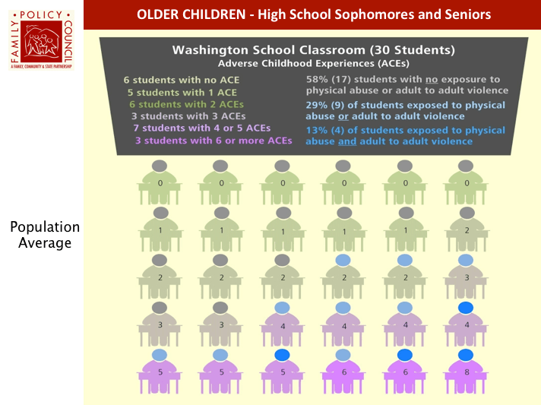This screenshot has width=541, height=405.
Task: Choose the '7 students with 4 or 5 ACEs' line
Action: pos(201,128)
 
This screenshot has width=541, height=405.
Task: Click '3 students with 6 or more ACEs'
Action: pos(214,141)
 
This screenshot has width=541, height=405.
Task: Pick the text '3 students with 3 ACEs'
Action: pos(188,116)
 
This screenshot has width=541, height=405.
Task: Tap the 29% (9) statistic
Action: pos(325,104)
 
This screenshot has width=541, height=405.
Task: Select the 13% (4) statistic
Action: pos(325,130)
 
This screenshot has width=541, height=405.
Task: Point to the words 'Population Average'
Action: pos(45,235)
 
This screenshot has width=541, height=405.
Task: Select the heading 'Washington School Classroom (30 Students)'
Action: pos(314,50)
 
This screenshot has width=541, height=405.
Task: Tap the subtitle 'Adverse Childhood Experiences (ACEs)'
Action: pos(314,62)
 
